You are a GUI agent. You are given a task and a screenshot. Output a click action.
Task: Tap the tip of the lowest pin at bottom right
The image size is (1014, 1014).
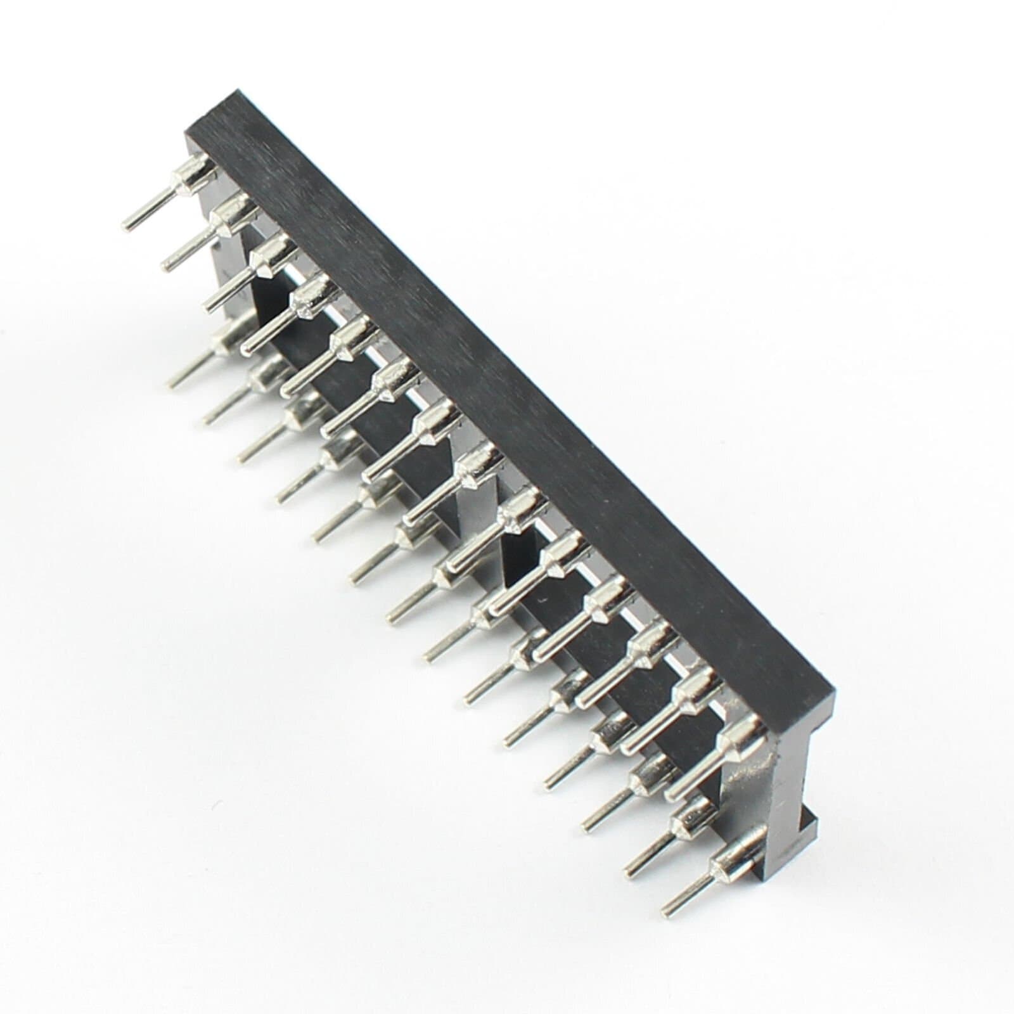pos(665,894)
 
